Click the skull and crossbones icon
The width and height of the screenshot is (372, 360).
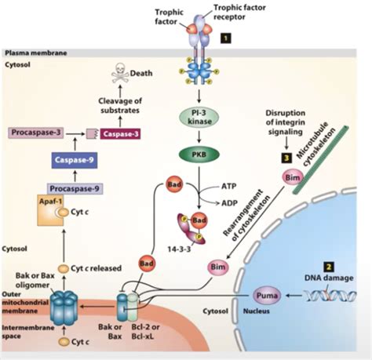point(120,73)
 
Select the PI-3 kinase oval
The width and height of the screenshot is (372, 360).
point(199,117)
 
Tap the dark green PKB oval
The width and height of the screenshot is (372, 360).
point(199,155)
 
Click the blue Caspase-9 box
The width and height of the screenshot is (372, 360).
point(75,160)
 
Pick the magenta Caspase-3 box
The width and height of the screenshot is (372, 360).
point(120,134)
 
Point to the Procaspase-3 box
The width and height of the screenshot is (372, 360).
point(36,133)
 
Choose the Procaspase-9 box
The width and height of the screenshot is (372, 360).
point(75,188)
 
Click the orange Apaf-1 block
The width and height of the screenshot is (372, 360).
point(50,210)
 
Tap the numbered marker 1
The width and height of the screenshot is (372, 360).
point(226,38)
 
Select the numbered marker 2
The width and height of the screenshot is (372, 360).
point(329,267)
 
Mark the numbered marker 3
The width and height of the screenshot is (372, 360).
point(286,158)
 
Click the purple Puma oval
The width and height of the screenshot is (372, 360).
point(267,296)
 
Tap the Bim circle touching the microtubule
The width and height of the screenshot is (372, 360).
point(293,178)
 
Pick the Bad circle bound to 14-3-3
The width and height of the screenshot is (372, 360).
point(199,220)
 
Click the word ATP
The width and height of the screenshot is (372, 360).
point(229,186)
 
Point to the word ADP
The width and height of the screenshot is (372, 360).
point(229,203)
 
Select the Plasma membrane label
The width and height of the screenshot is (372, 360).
point(36,53)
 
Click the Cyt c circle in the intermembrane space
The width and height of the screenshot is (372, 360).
point(64,342)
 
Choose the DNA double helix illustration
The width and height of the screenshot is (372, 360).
point(330,296)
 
